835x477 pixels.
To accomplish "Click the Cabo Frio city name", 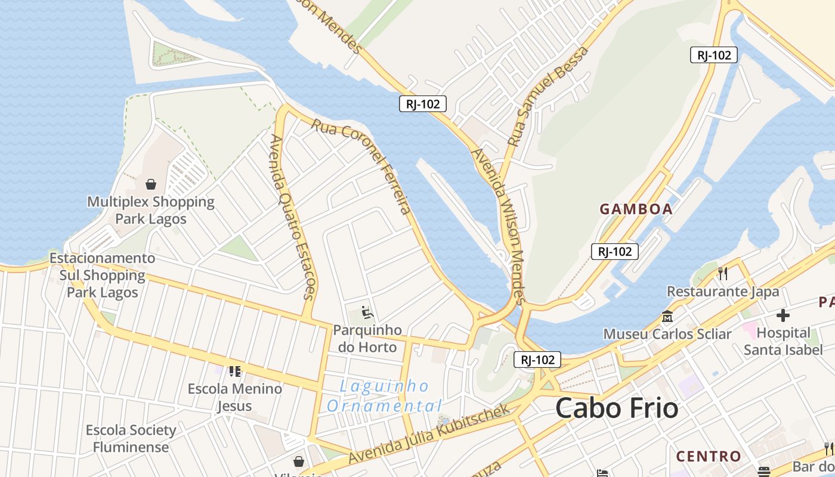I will click(617, 409).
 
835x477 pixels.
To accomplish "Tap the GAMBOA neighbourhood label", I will click(636, 209).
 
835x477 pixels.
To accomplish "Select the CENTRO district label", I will click(709, 457).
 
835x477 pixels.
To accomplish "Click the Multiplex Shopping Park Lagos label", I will click(151, 210).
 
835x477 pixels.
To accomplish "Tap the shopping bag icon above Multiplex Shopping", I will click(151, 184).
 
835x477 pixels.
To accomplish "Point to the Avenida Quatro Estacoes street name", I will click(292, 216).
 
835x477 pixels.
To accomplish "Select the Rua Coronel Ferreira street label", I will click(361, 167).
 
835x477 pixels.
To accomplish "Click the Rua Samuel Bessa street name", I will click(548, 97).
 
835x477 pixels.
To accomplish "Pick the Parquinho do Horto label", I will click(367, 338).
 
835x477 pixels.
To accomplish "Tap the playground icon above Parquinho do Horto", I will click(367, 312).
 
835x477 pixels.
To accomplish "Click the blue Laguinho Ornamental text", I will click(385, 396).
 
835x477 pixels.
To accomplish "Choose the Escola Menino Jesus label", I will click(235, 397).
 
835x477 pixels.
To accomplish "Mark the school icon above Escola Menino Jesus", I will click(235, 371).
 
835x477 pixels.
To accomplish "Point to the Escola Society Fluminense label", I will click(131, 438).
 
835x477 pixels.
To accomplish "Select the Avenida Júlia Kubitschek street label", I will click(429, 433).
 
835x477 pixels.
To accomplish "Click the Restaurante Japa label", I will click(723, 292).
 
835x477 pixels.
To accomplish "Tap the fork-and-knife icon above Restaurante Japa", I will click(723, 274).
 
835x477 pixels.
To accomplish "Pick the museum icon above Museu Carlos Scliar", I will click(667, 316).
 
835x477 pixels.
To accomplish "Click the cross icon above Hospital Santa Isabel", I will click(783, 315).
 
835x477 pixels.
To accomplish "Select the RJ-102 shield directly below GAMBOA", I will click(615, 252).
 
